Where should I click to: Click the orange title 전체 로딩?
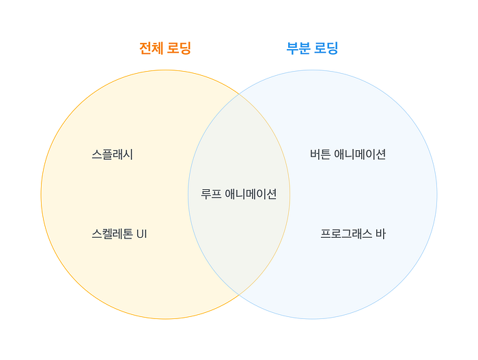[x=165, y=49]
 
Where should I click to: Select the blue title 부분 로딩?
[x=312, y=49]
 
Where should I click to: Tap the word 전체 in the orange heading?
[x=151, y=49]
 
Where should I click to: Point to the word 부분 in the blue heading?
[x=298, y=49]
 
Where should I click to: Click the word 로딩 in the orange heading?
[x=180, y=49]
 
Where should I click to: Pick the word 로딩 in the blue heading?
[x=326, y=49]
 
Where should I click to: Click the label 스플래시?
[x=112, y=154]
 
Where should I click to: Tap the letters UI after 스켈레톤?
[x=142, y=234]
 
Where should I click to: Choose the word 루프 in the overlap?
[x=211, y=194]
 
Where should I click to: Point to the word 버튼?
[x=320, y=154]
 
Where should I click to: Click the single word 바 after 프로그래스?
[x=380, y=234]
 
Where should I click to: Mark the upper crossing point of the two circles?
[x=239, y=94]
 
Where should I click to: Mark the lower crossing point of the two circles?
[x=239, y=295]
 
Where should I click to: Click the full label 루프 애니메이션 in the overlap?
[x=239, y=194]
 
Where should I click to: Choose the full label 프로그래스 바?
[x=353, y=234]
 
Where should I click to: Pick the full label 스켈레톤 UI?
[x=119, y=234]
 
